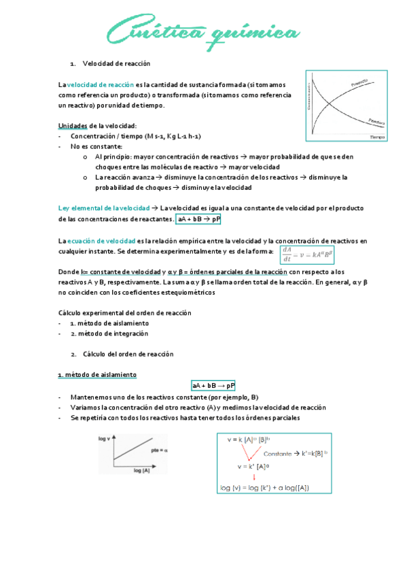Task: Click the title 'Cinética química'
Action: pyautogui.click(x=203, y=32)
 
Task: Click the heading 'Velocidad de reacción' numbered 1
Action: pyautogui.click(x=116, y=63)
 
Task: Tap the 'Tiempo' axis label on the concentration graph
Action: pyautogui.click(x=377, y=137)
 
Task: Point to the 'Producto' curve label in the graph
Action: pyautogui.click(x=360, y=82)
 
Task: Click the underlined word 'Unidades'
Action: pyautogui.click(x=73, y=125)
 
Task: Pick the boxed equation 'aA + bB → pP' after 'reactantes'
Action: pyautogui.click(x=198, y=220)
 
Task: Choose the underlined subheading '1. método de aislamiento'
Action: pyautogui.click(x=96, y=374)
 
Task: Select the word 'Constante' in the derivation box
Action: pyautogui.click(x=278, y=453)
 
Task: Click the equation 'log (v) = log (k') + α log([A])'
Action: pyautogui.click(x=265, y=487)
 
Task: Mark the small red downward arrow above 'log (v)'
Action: pyautogui.click(x=254, y=477)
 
